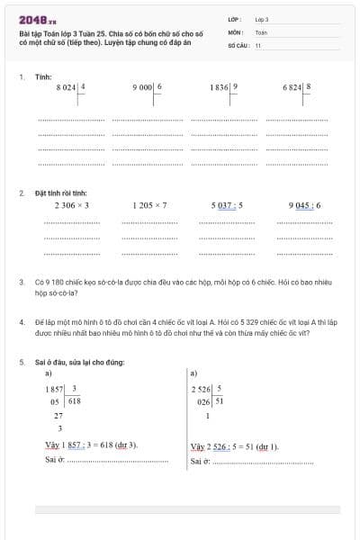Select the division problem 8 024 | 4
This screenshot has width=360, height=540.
click(71, 87)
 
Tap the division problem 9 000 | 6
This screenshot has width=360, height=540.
click(148, 87)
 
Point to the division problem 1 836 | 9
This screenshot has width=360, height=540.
click(224, 87)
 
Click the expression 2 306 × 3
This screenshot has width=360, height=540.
click(72, 205)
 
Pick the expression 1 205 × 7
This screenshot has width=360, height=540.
click(149, 205)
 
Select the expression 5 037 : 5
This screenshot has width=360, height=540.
click(227, 205)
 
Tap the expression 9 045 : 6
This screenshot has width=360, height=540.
click(304, 205)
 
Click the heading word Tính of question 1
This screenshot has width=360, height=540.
click(43, 77)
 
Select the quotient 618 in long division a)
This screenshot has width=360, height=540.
click(75, 401)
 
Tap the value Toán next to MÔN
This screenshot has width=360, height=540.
click(262, 31)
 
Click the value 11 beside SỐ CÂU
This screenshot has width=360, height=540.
click(257, 44)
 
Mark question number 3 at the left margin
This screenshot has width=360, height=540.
click(21, 282)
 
